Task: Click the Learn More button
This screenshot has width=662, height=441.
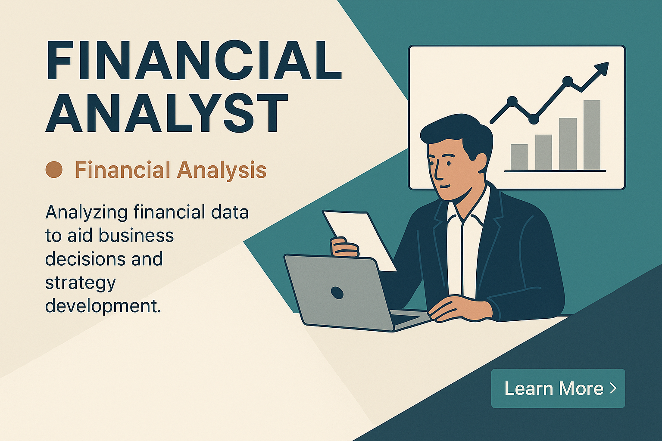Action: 558,388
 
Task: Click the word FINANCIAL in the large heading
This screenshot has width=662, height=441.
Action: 194,60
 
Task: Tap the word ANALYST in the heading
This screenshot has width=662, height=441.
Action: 167,112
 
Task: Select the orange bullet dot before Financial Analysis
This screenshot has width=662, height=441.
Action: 54,170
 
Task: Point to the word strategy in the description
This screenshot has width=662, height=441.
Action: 80,283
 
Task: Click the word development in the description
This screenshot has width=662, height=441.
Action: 103,307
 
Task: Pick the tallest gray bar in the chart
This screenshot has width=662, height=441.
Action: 592,135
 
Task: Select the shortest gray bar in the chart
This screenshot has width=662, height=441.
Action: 519,157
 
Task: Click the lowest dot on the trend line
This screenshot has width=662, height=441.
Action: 534,119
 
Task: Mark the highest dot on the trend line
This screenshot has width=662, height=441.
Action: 568,81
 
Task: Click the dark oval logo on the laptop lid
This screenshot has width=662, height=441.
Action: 337,292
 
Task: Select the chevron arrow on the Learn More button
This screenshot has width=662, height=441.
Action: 613,388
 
